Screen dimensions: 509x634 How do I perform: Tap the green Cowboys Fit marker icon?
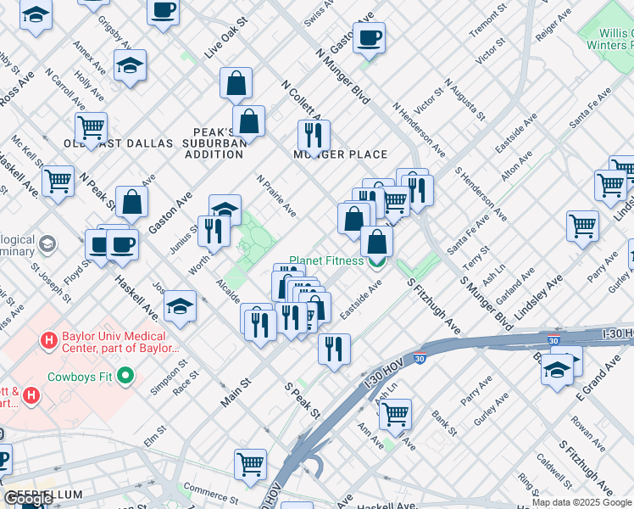126,374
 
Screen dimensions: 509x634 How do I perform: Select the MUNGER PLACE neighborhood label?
340,154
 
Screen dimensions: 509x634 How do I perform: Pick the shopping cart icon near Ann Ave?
394,413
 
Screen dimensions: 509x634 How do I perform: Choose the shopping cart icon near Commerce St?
250,463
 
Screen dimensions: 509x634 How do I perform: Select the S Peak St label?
302,401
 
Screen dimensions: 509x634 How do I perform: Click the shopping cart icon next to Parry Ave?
582,226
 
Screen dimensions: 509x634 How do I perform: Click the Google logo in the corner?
29,499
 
